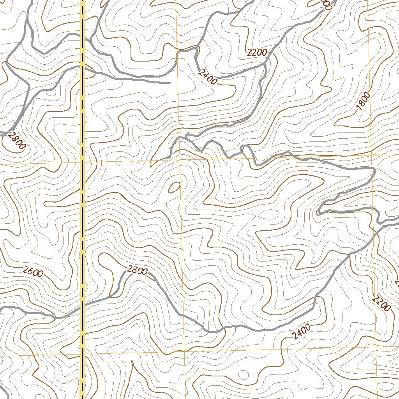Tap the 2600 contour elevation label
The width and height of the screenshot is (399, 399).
coord(33,272)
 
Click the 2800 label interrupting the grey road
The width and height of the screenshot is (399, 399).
coord(137,270)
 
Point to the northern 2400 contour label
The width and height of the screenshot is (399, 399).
coord(207,77)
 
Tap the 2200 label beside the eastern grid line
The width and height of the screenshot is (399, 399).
coord(381,303)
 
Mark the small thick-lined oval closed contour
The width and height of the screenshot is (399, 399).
coord(173,187)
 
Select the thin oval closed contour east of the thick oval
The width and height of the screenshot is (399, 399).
coord(269,213)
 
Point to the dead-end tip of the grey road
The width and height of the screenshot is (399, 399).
coord(170,83)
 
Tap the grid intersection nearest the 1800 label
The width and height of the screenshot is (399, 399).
coord(371,155)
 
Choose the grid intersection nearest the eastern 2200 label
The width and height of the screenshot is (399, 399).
coord(376,346)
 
